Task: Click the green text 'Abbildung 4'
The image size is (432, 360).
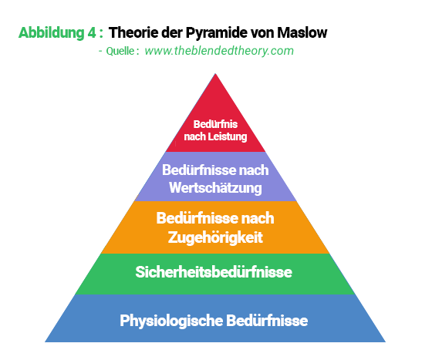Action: pyautogui.click(x=57, y=33)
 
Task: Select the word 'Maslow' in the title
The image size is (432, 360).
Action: pyautogui.click(x=302, y=32)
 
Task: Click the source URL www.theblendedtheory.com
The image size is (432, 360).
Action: pyautogui.click(x=219, y=51)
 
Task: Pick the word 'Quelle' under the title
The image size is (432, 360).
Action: pyautogui.click(x=120, y=51)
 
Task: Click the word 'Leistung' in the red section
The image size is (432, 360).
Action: pyautogui.click(x=228, y=136)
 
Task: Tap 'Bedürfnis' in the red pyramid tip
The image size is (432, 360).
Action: pyautogui.click(x=215, y=124)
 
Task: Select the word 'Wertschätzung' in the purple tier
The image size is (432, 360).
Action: pyautogui.click(x=215, y=188)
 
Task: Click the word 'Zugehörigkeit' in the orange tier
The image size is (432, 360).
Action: pyautogui.click(x=215, y=237)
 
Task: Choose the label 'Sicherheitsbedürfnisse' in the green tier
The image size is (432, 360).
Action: pyautogui.click(x=214, y=272)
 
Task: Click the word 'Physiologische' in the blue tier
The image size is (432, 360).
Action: pyautogui.click(x=171, y=321)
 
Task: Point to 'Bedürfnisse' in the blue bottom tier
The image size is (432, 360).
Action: pyautogui.click(x=267, y=321)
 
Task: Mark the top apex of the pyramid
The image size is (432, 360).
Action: pyautogui.click(x=215, y=73)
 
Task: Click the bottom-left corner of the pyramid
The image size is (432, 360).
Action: pyautogui.click(x=45, y=342)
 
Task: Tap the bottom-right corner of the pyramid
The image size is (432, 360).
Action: pyautogui.click(x=386, y=342)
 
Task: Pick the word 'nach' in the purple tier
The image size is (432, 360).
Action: pyautogui.click(x=254, y=170)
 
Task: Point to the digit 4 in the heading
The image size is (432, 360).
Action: pyautogui.click(x=92, y=32)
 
